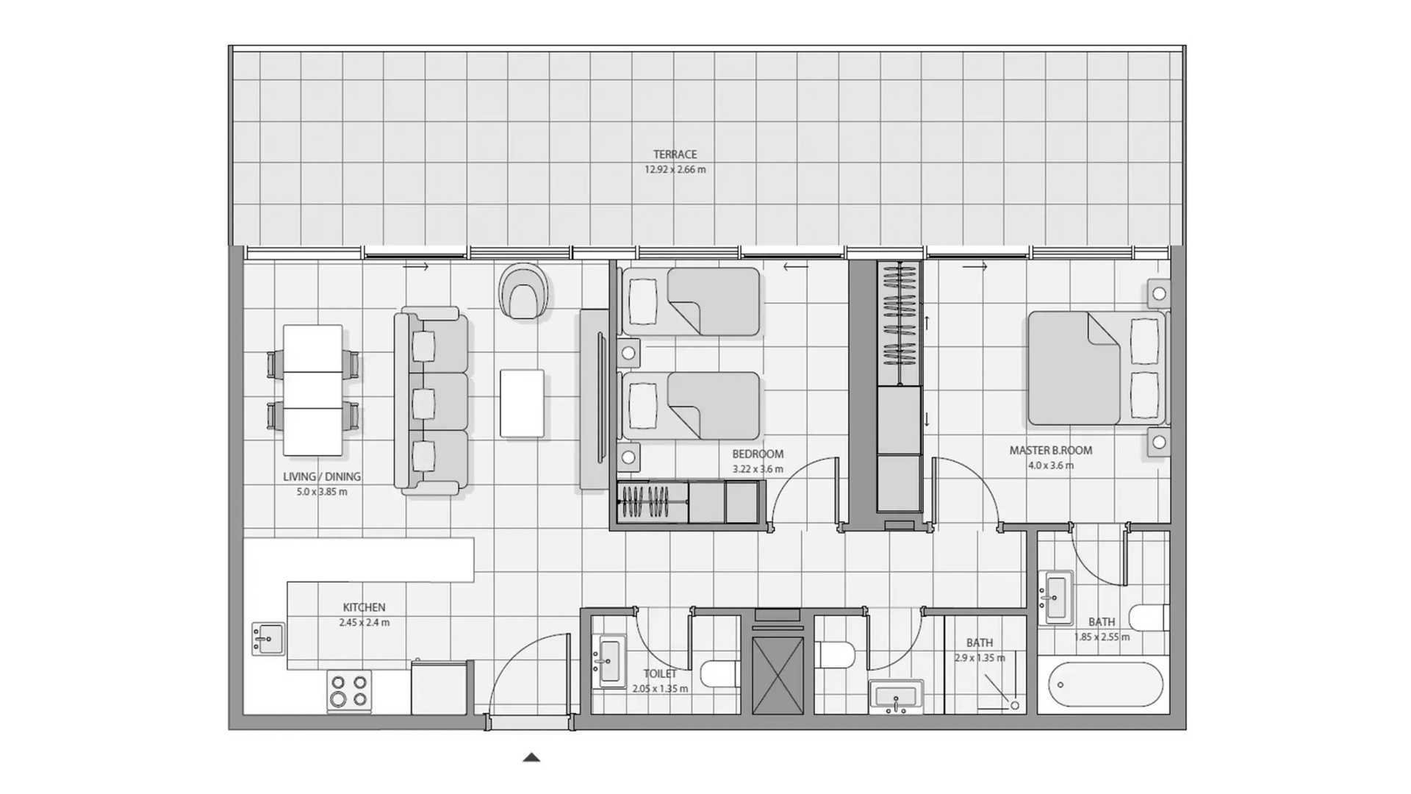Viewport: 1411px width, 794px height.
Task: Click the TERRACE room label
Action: point(675,154)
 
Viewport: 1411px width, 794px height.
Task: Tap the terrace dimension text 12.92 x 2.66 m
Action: point(675,169)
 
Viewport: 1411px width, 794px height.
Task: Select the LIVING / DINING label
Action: point(322,476)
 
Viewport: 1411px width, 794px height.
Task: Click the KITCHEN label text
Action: point(364,607)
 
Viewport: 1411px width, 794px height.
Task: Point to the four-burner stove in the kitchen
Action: point(349,690)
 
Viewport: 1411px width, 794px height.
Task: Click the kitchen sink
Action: point(268,639)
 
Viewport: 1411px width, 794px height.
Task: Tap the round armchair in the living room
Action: point(523,292)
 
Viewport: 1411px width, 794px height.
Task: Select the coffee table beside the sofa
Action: point(523,404)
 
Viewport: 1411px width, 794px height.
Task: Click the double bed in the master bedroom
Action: point(1097,368)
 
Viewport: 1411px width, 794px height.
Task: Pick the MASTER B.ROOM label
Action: point(1051,451)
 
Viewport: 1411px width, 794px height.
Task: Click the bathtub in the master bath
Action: point(1106,685)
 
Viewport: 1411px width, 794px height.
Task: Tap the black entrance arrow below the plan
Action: point(531,757)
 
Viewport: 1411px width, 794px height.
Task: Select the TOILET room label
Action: point(660,673)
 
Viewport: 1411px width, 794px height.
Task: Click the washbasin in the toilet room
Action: point(609,661)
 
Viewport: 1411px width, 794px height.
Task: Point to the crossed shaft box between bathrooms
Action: point(778,675)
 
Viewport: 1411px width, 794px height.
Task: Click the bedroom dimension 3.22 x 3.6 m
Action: point(758,469)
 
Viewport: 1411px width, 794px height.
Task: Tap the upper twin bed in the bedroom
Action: point(690,301)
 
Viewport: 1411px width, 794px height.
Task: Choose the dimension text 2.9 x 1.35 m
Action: point(980,658)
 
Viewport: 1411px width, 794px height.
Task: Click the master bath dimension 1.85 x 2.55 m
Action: point(1102,637)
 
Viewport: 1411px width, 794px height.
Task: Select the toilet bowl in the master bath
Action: point(1148,618)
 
